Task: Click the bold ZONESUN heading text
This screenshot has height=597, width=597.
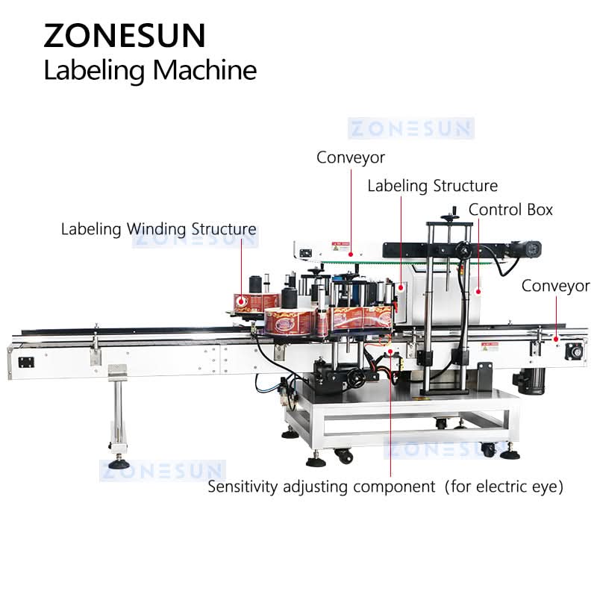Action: click(124, 35)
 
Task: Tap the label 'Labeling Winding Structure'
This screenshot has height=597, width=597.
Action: click(158, 228)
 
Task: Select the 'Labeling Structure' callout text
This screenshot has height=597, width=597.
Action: click(432, 186)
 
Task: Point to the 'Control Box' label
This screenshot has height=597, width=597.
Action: click(511, 210)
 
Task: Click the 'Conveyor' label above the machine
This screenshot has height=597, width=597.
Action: click(351, 157)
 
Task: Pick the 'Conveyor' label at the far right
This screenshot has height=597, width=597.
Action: click(555, 286)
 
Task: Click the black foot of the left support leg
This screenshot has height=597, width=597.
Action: click(119, 463)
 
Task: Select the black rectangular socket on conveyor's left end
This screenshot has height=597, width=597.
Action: click(26, 362)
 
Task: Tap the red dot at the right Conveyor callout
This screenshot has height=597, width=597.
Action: click(556, 340)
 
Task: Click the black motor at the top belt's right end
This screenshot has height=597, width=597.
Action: click(533, 246)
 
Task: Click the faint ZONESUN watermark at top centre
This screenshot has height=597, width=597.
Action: click(410, 128)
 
